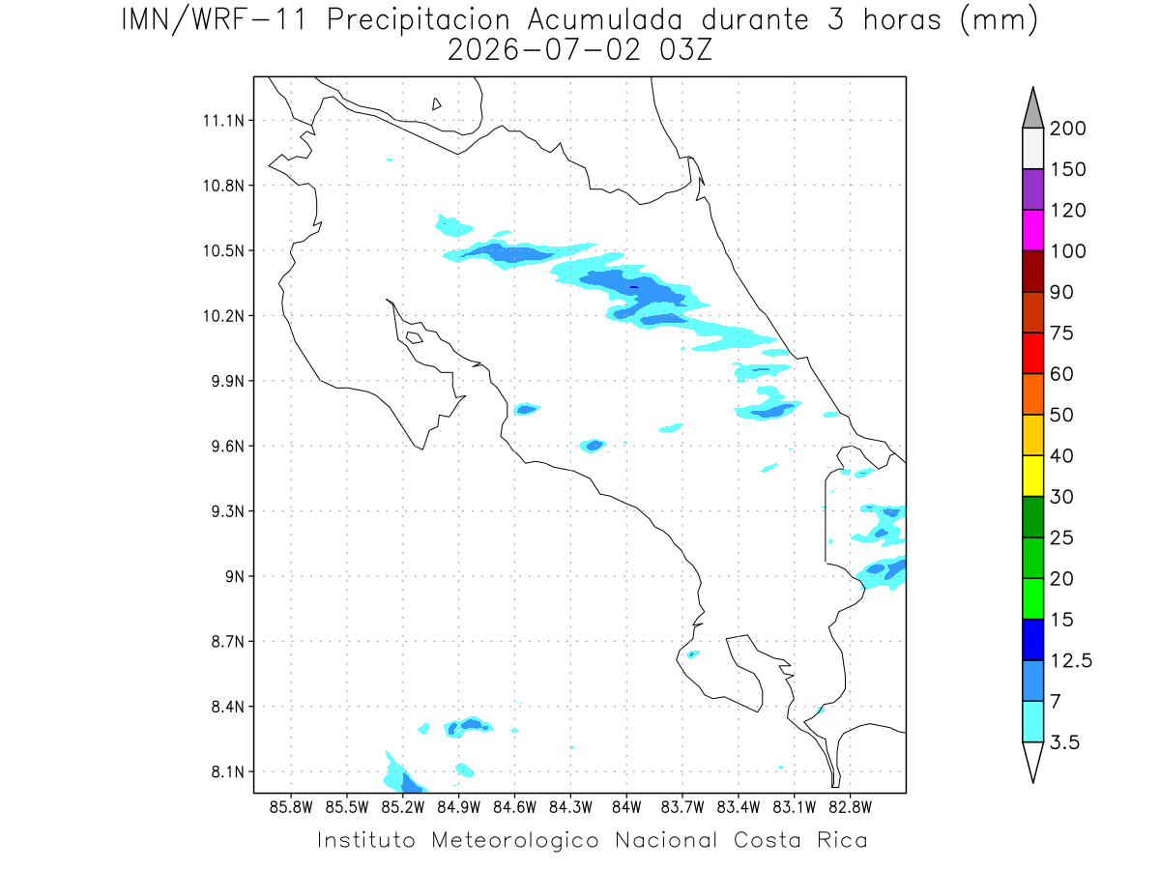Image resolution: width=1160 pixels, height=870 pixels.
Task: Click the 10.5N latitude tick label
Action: (223, 251)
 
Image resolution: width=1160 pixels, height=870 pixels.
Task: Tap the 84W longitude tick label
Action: (626, 807)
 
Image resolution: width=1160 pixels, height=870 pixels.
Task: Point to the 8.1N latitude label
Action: (228, 771)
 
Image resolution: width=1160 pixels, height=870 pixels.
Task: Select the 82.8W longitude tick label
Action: (850, 807)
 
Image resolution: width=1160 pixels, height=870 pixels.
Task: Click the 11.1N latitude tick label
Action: (223, 121)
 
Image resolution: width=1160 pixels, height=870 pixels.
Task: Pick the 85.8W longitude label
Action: (291, 807)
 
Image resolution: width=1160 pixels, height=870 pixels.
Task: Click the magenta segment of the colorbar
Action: (1032, 230)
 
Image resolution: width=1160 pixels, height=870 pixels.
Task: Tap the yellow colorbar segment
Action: (1032, 476)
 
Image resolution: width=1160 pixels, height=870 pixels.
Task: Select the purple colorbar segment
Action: (1032, 189)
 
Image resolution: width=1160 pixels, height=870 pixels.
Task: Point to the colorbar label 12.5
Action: (1071, 661)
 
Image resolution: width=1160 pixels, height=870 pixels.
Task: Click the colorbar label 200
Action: (1067, 129)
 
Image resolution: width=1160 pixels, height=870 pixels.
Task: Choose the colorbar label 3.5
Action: (1064, 742)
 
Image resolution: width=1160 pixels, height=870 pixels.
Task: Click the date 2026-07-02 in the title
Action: (544, 50)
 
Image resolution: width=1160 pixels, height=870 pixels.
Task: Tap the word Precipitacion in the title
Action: (419, 20)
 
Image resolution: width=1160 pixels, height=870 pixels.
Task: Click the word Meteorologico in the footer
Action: (514, 841)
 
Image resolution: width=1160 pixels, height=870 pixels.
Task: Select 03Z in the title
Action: (685, 50)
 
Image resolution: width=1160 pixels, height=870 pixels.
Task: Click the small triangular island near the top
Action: (436, 103)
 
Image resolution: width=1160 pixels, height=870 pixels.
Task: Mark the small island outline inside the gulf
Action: (415, 337)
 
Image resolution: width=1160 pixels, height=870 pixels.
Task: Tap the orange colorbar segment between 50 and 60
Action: (1032, 394)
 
